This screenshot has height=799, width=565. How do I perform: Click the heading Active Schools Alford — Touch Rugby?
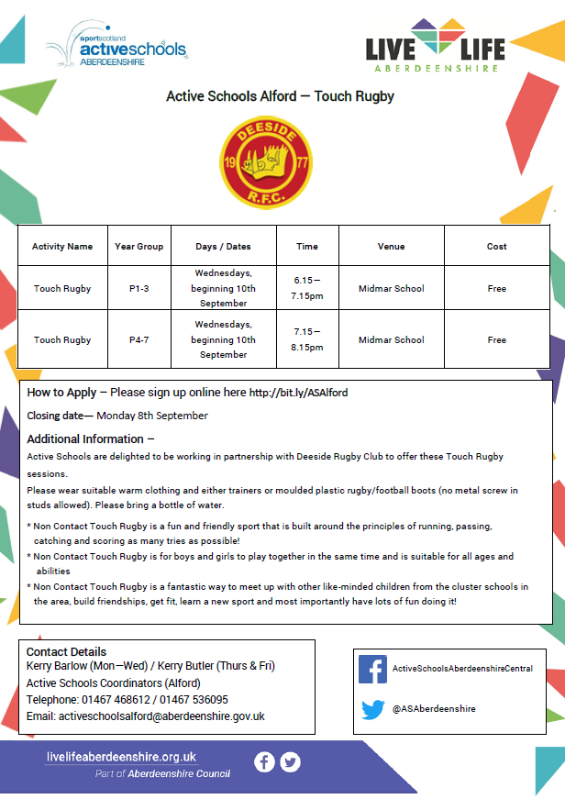click(x=280, y=95)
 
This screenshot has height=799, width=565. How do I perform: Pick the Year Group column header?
click(x=138, y=246)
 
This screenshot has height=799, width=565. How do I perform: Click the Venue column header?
click(x=391, y=246)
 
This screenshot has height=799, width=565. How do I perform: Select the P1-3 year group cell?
click(x=138, y=289)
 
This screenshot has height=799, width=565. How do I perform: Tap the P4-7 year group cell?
click(x=138, y=340)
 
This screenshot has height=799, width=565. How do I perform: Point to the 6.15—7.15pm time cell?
click(x=307, y=289)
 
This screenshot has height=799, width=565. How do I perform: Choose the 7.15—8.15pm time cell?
click(x=307, y=340)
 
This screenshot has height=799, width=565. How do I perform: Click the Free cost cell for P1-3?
click(x=496, y=289)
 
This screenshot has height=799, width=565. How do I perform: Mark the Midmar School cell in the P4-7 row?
click(x=391, y=340)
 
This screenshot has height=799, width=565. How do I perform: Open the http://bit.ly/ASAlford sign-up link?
click(x=298, y=393)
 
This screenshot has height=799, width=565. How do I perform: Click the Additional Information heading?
click(x=90, y=438)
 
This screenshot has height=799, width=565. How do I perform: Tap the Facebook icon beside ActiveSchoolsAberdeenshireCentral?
click(x=372, y=669)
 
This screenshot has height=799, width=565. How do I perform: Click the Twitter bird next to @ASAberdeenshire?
click(x=372, y=709)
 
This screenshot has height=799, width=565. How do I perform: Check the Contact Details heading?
click(x=66, y=652)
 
